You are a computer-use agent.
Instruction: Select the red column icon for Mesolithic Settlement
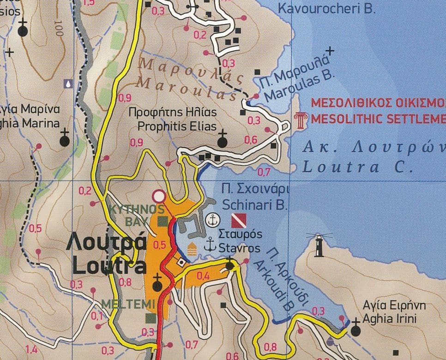(300, 119)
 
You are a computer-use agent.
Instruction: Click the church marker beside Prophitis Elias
(223, 141)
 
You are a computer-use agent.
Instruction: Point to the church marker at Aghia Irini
(355, 330)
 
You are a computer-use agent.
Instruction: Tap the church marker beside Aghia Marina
(65, 140)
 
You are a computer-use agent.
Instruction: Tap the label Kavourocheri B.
(327, 8)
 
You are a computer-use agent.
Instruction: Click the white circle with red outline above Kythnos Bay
(159, 196)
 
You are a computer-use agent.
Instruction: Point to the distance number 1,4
(31, 349)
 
